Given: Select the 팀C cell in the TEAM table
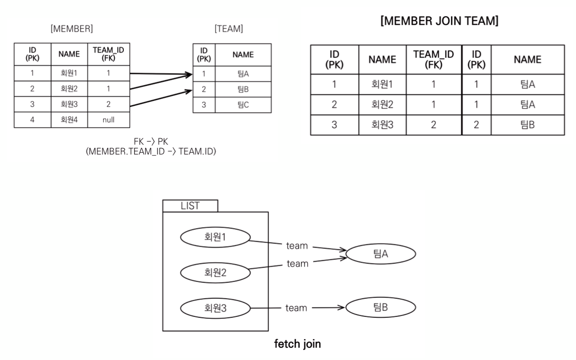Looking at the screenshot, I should [243, 105].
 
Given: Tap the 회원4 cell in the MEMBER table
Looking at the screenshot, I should [69, 120].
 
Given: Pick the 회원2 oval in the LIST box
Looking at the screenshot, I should [216, 272].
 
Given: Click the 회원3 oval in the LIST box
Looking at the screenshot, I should [216, 308].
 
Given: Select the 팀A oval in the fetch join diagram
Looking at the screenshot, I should [380, 254].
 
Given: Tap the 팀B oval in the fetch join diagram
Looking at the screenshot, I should [380, 308].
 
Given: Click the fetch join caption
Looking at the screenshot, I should [298, 344].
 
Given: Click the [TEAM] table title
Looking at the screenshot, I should [229, 29].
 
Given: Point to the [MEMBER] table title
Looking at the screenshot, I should [73, 29].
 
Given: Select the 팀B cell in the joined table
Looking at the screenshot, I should [528, 125].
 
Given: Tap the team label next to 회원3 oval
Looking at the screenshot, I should [296, 308].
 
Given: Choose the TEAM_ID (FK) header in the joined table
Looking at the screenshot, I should [434, 59].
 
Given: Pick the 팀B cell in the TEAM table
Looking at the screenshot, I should [243, 89].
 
